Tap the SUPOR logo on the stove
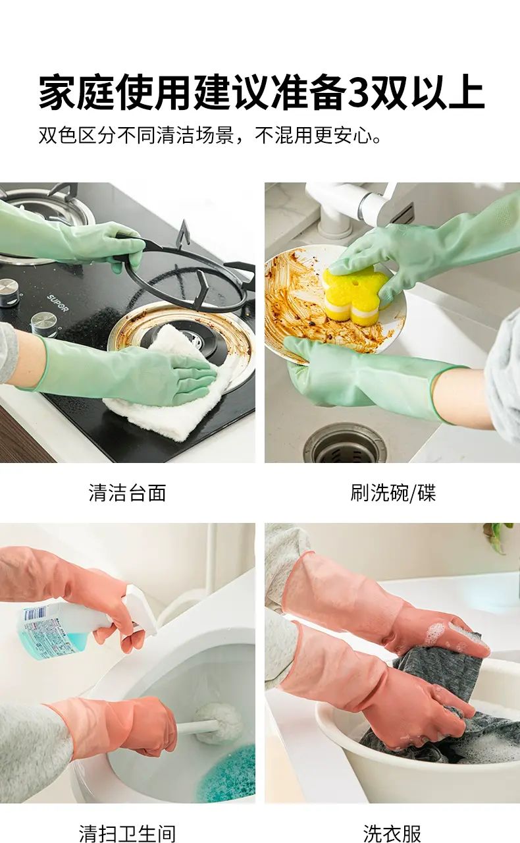(57, 304)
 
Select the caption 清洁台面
(127, 493)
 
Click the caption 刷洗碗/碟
(393, 493)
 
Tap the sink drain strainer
(345, 443)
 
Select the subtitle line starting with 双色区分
(210, 135)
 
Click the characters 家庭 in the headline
(77, 93)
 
